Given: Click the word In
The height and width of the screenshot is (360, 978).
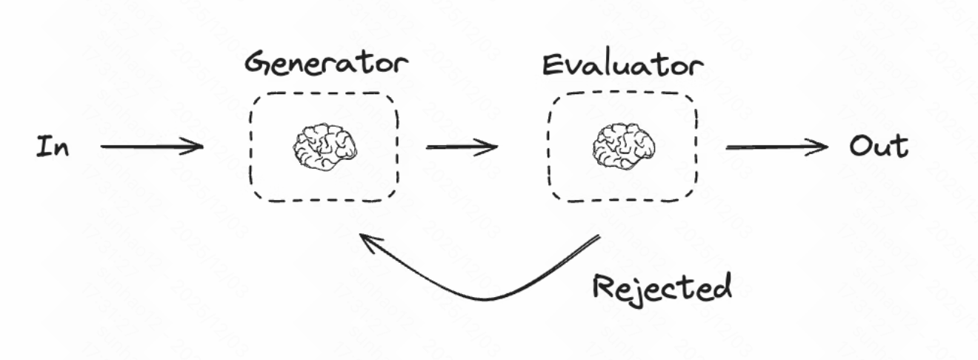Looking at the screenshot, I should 53,147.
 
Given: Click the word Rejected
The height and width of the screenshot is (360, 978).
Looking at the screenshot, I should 662,285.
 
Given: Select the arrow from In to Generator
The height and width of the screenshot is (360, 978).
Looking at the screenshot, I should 152,147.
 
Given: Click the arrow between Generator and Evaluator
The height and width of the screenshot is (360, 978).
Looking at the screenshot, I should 461,147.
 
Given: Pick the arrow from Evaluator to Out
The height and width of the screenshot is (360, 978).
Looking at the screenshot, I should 776,147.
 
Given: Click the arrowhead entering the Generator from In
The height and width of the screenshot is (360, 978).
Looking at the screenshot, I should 196,147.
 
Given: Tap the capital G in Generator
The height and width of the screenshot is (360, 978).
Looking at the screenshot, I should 259,63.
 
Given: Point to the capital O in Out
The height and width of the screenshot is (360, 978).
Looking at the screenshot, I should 859,147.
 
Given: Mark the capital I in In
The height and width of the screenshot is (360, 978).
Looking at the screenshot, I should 43,147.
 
